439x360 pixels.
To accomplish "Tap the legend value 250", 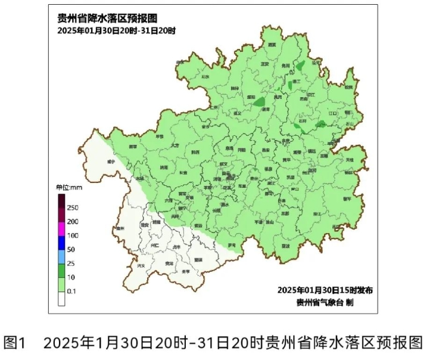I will click(x=72, y=207).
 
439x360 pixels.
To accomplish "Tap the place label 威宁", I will click(x=110, y=161).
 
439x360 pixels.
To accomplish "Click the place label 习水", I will click(x=207, y=77).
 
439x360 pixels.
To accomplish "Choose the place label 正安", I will click(x=265, y=64).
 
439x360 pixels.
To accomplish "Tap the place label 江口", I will click(x=332, y=112).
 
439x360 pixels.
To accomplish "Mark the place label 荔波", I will click(x=286, y=245).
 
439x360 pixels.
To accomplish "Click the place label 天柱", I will click(x=349, y=160).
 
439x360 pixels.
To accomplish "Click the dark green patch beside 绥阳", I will click(x=259, y=103).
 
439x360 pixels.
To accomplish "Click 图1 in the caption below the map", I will click(x=15, y=343).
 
